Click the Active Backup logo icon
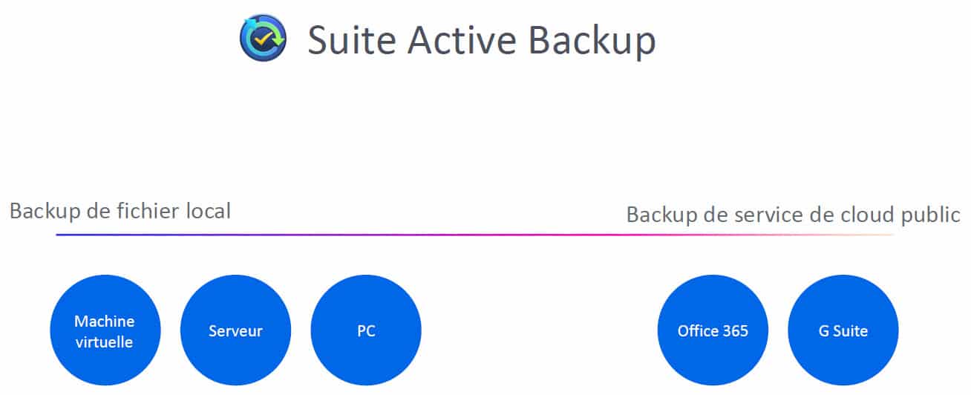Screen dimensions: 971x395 263,38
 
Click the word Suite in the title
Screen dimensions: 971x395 352,40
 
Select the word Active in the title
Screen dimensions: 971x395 462,40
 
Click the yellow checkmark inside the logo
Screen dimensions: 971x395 263,39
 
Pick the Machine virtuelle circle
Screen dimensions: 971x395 105,330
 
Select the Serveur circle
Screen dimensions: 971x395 236,330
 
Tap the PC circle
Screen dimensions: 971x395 366,330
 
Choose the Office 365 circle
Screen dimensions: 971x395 713,330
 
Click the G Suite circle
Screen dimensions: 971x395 843,330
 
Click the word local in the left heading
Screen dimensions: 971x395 208,211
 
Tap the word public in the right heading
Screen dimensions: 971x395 930,215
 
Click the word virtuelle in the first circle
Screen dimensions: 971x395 104,342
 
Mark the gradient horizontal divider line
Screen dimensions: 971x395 474,235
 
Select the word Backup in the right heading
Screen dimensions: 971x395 662,215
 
